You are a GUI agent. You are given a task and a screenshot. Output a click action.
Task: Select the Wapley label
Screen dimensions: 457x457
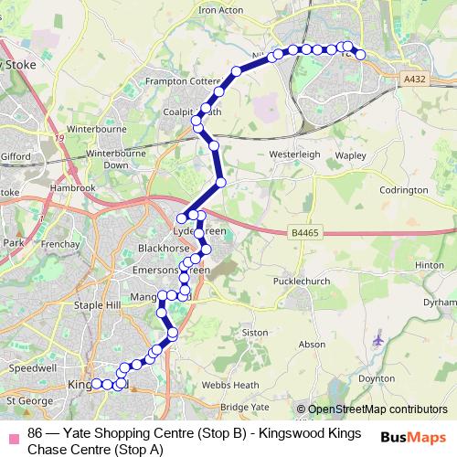click(x=350, y=155)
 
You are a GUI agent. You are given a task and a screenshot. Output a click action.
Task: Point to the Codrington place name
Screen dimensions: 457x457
click(x=404, y=190)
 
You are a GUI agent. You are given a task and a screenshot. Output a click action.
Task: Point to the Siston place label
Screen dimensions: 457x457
click(x=255, y=332)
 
